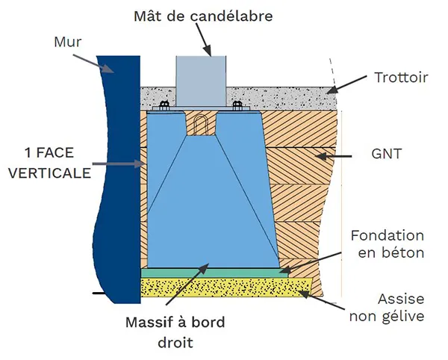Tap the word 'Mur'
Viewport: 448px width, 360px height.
point(67,42)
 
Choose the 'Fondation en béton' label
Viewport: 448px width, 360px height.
point(388,243)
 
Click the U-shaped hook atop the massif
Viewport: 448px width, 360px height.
point(200,124)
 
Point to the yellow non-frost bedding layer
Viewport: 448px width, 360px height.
point(224,287)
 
